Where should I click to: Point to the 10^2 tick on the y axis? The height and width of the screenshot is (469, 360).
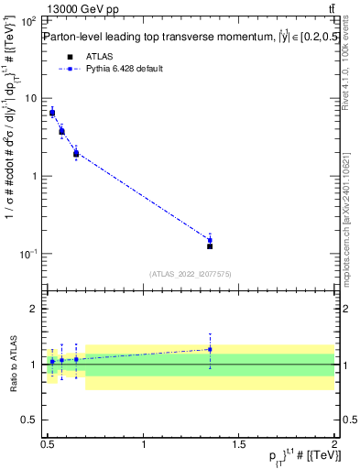pos(28,20)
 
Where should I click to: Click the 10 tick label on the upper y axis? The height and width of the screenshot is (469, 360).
pos(30,98)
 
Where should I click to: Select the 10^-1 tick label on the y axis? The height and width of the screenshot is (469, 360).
pos(28,254)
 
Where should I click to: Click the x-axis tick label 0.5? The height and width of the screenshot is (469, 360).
pos(48,443)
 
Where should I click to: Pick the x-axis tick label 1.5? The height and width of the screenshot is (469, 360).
pos(238,443)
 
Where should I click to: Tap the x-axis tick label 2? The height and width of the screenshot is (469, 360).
pos(333,443)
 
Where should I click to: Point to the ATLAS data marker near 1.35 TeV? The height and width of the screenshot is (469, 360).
pos(210,246)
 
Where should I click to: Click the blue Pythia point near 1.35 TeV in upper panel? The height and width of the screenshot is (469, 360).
pos(210,240)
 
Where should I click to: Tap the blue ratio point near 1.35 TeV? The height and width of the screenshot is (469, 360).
pos(210,349)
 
